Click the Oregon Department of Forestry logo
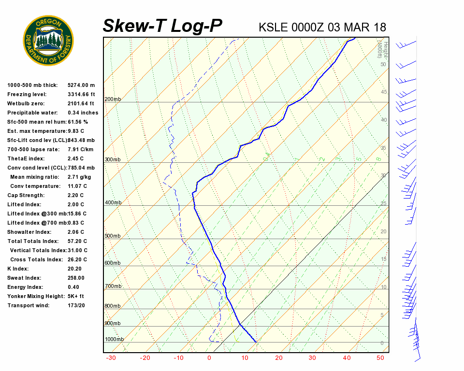48,40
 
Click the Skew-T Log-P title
162,26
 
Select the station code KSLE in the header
273,27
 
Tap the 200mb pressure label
113,100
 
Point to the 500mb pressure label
113,236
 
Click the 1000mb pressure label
114,340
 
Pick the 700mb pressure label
113,286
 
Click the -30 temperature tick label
111,358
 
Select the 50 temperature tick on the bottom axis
380,358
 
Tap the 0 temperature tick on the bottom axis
209,358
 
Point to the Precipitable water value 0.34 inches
83,113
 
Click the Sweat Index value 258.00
76,278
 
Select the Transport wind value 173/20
76,306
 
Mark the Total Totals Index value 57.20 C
77,242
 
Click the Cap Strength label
26,196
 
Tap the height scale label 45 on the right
384,92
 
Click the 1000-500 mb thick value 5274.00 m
81,86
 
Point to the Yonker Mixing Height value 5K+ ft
76,297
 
